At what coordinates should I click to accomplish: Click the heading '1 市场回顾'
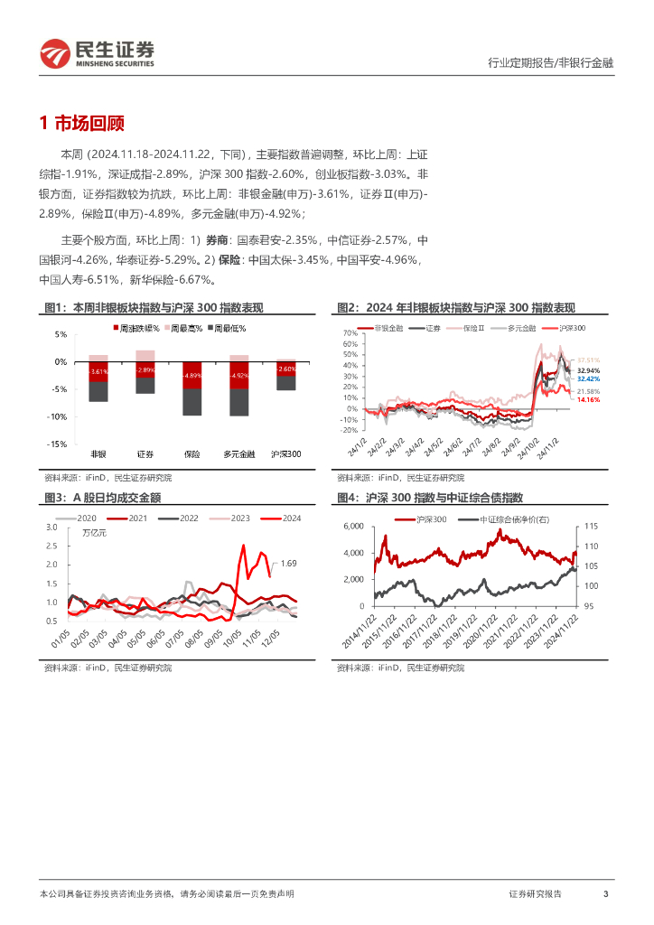82,124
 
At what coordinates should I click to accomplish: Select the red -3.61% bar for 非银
98,371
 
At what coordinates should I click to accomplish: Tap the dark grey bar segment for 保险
192,401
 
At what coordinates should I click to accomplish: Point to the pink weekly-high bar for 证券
145,355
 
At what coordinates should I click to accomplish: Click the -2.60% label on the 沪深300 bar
285,369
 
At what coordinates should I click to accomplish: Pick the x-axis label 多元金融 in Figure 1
239,453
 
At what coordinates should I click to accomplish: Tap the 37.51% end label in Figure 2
589,360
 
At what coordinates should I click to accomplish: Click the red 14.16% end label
589,398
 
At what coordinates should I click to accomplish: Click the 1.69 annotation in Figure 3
289,564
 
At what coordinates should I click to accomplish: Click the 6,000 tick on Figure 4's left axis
350,526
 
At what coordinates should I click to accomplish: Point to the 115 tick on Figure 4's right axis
592,526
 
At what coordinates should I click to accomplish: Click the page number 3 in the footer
605,893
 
